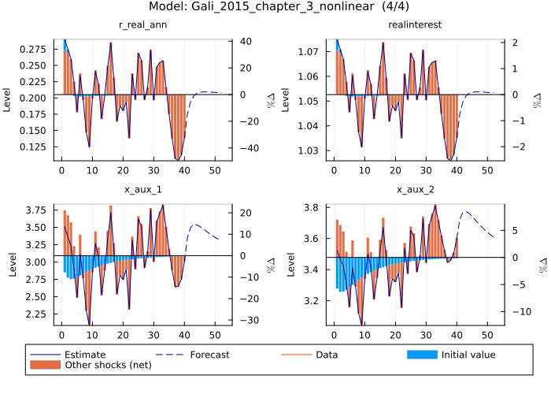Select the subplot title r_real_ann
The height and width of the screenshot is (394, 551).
(x=142, y=25)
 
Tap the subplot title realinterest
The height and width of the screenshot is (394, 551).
(x=415, y=25)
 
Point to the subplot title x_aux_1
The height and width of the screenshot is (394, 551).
(x=142, y=190)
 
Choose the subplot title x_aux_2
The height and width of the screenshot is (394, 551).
(x=415, y=190)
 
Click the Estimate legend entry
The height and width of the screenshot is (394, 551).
(x=84, y=355)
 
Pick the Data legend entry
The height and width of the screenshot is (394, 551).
(x=327, y=355)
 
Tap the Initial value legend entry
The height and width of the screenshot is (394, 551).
(x=468, y=355)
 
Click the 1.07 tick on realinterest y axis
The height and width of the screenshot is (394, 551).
(x=309, y=52)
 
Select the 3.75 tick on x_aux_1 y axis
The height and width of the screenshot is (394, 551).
(x=35, y=210)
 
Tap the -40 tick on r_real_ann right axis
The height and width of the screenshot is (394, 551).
(x=246, y=148)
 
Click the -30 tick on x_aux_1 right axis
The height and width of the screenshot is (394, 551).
(x=246, y=320)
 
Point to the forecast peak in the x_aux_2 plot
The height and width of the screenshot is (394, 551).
(x=465, y=211)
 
